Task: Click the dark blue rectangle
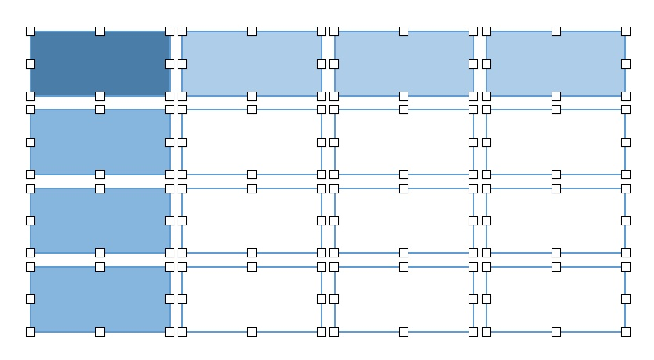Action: (100, 63)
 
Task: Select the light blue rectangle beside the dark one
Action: (252, 63)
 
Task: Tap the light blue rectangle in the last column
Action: (556, 63)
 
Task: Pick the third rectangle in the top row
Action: (404, 63)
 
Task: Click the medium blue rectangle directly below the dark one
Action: (100, 142)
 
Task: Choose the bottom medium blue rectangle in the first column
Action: (100, 299)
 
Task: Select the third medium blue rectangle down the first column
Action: (100, 220)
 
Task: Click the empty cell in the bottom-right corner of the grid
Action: (556, 299)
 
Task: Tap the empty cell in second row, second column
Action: (252, 142)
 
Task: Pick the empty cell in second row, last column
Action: (556, 142)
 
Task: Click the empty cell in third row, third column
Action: (404, 220)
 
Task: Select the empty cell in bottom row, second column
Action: (252, 299)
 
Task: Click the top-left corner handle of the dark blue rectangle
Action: (31, 31)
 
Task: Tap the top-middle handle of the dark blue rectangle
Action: (100, 31)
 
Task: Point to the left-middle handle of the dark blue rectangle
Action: (31, 63)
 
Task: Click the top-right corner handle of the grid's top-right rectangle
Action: (626, 31)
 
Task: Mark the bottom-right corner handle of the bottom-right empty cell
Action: (626, 332)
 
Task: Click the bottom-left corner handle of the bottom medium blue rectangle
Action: (31, 332)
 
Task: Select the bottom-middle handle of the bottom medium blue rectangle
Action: (100, 332)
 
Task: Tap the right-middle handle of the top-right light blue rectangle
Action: (626, 63)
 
